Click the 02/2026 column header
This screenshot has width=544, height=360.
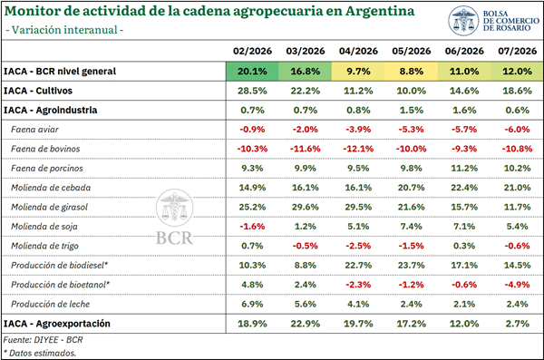(x=252, y=51)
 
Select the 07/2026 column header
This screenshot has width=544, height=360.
(x=518, y=51)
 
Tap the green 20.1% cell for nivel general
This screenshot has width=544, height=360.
(x=252, y=71)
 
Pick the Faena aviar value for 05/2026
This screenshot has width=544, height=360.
(x=411, y=130)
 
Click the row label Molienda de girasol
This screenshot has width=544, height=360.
(x=49, y=208)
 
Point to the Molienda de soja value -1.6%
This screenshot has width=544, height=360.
(x=252, y=227)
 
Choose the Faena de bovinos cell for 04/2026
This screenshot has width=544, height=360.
(x=358, y=149)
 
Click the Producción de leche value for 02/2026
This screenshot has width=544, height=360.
(x=252, y=304)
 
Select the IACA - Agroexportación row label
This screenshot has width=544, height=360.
(x=57, y=324)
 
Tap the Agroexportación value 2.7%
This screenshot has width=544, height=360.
(x=518, y=324)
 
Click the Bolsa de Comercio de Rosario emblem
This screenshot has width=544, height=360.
(x=463, y=21)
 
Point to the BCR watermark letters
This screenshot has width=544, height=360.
(x=174, y=238)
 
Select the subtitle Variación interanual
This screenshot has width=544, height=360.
(x=64, y=30)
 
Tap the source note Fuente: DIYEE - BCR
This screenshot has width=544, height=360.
(x=44, y=339)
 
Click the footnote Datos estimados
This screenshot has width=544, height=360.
(x=40, y=353)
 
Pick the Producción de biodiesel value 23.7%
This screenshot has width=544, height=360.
(x=411, y=265)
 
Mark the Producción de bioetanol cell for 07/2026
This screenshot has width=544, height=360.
(x=518, y=285)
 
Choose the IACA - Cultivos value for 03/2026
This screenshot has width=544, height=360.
(x=306, y=91)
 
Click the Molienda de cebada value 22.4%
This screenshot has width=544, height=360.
(x=464, y=188)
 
